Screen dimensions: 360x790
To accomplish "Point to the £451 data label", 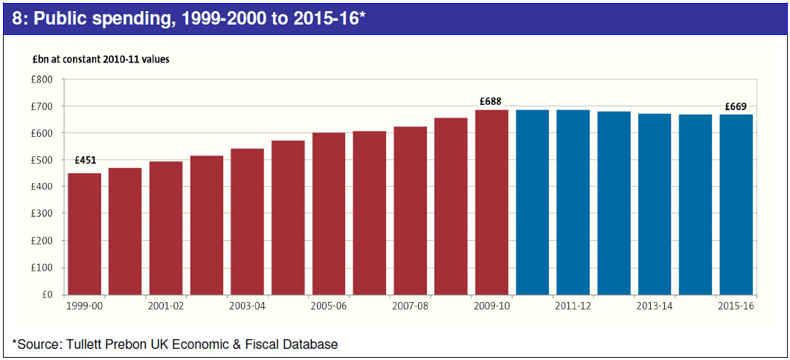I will [85, 160].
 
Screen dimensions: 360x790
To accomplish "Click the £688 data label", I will [492, 100].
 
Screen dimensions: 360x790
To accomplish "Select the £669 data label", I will [736, 106].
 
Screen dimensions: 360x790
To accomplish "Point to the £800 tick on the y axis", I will [42, 80].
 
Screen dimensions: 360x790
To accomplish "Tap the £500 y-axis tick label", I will [42, 161].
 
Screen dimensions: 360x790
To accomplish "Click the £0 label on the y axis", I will [47, 295].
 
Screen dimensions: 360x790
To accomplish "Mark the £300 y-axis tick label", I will [42, 214].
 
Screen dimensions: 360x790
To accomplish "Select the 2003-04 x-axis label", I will [247, 306].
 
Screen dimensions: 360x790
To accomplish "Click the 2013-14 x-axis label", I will [655, 306].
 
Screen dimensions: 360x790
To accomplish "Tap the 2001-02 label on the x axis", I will [166, 306].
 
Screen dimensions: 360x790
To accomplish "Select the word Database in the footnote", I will [310, 344].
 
